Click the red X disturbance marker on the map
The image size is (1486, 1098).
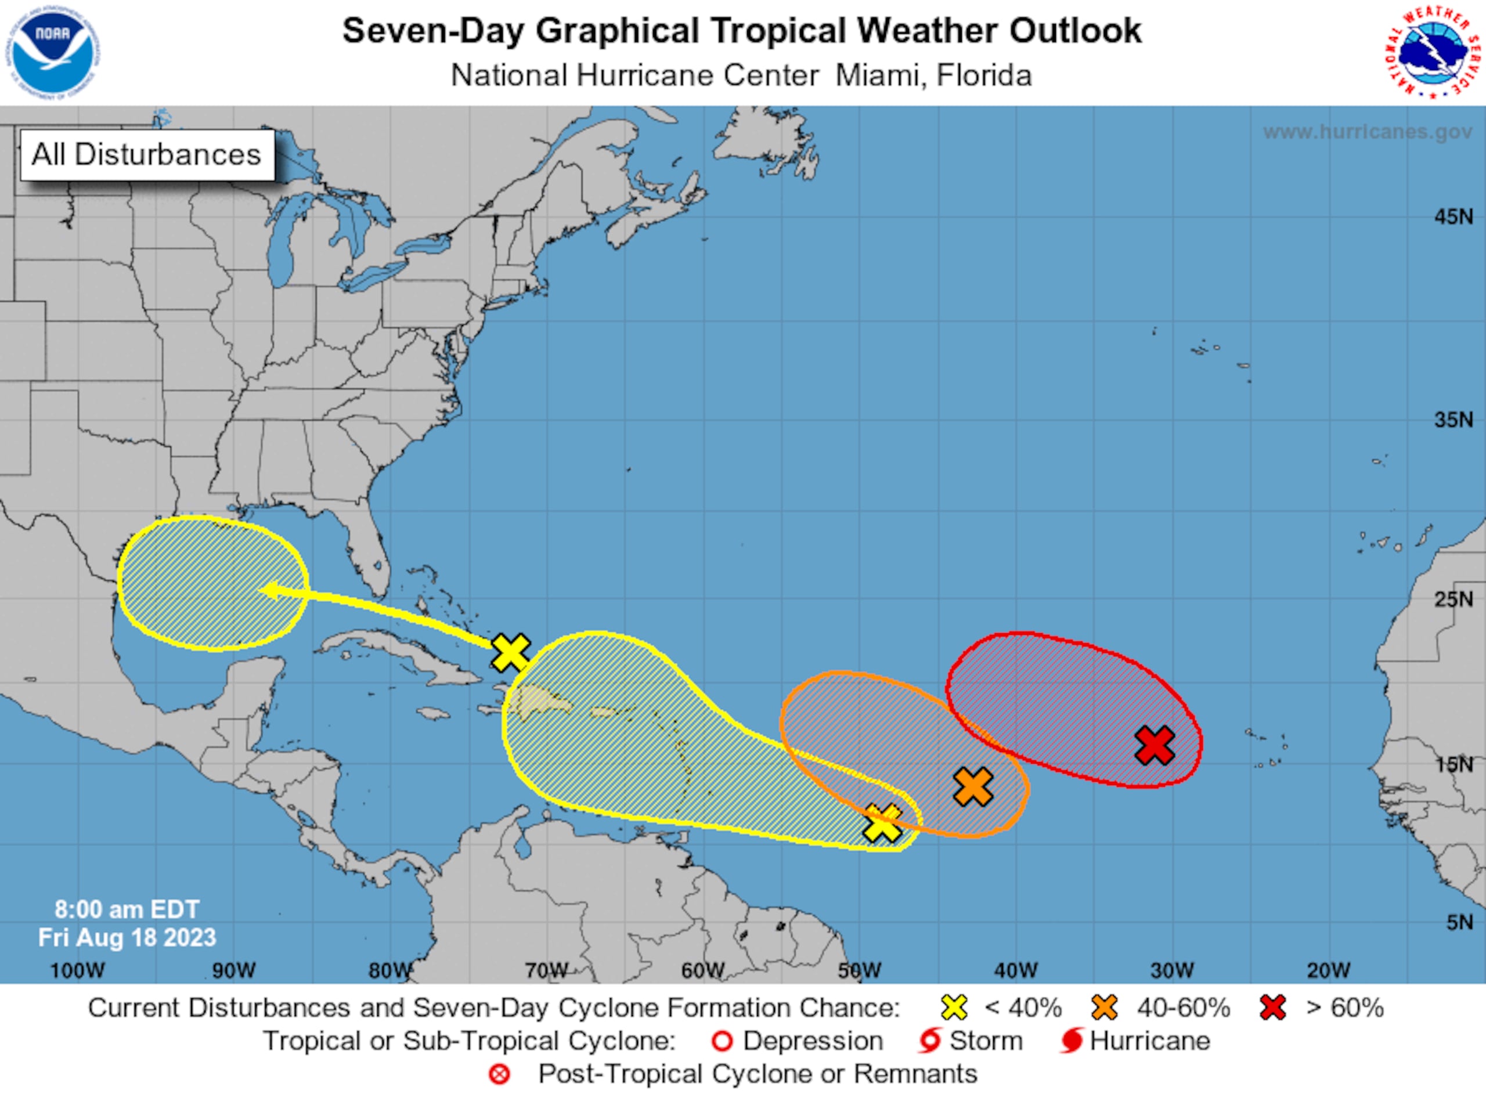(1155, 745)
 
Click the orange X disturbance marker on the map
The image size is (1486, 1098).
(973, 787)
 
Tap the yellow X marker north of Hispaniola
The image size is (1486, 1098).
(511, 652)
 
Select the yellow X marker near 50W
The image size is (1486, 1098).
(882, 824)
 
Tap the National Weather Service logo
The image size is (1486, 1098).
(1435, 52)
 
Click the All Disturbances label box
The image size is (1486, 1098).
(147, 155)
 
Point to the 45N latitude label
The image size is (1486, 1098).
(1453, 216)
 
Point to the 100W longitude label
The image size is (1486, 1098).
(77, 970)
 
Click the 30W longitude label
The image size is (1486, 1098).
(1172, 970)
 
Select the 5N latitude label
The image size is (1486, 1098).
(1459, 923)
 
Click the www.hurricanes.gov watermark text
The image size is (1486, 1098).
(1368, 132)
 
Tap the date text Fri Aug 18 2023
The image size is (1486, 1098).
(127, 938)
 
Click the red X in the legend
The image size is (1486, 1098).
(1272, 1008)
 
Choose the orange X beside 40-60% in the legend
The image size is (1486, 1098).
(1105, 1008)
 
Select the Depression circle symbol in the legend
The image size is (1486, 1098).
(722, 1042)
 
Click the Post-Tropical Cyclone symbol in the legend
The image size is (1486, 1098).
(499, 1074)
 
